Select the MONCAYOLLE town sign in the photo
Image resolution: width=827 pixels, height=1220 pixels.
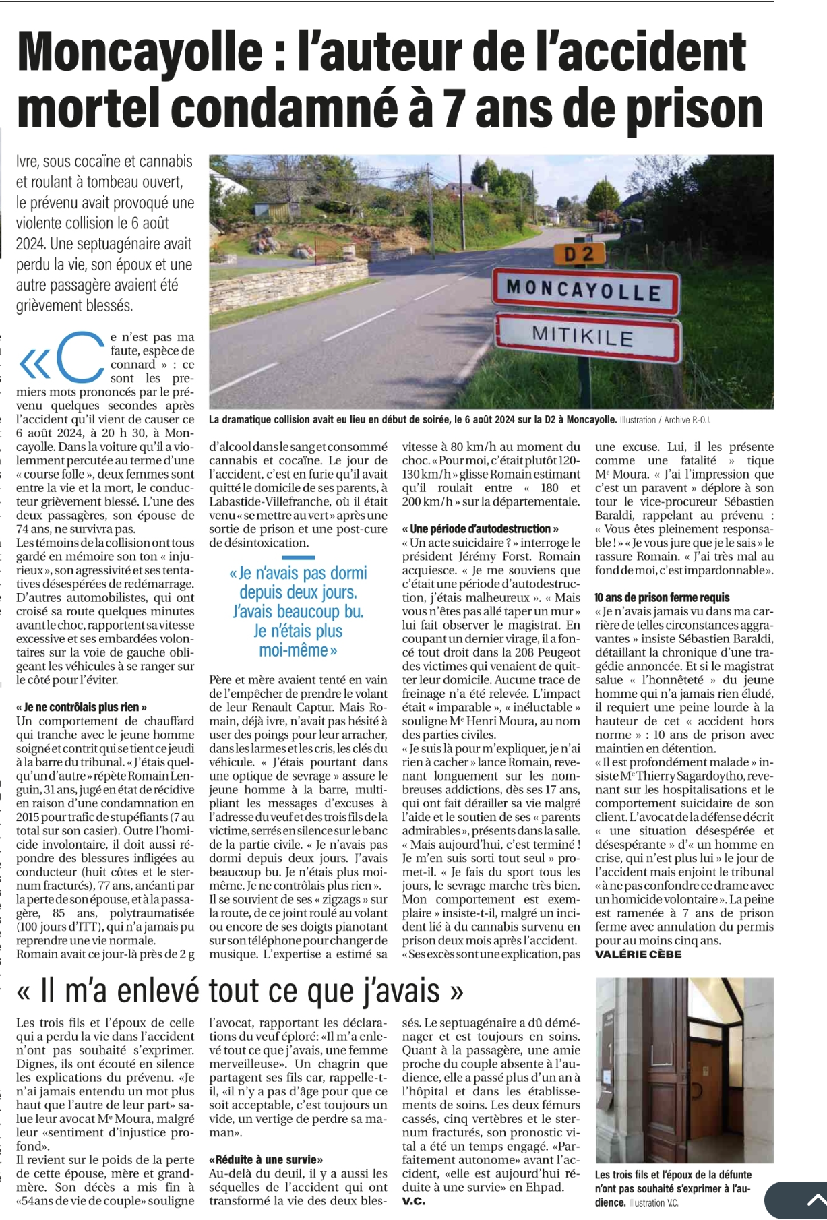point(584,291)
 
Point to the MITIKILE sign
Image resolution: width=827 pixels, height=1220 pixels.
point(589,335)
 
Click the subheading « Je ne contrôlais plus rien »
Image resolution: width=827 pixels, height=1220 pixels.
point(82,707)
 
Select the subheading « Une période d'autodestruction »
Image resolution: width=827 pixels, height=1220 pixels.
point(480,529)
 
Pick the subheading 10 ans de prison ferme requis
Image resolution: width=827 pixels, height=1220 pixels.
point(662,597)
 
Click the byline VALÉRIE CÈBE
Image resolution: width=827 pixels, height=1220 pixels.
point(638,954)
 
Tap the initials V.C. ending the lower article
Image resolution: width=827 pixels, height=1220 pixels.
point(414,1201)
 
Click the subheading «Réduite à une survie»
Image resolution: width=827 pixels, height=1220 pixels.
point(266,1159)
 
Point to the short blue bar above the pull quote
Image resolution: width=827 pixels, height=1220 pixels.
point(298,557)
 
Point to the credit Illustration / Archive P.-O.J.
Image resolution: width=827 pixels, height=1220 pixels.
point(665,420)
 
